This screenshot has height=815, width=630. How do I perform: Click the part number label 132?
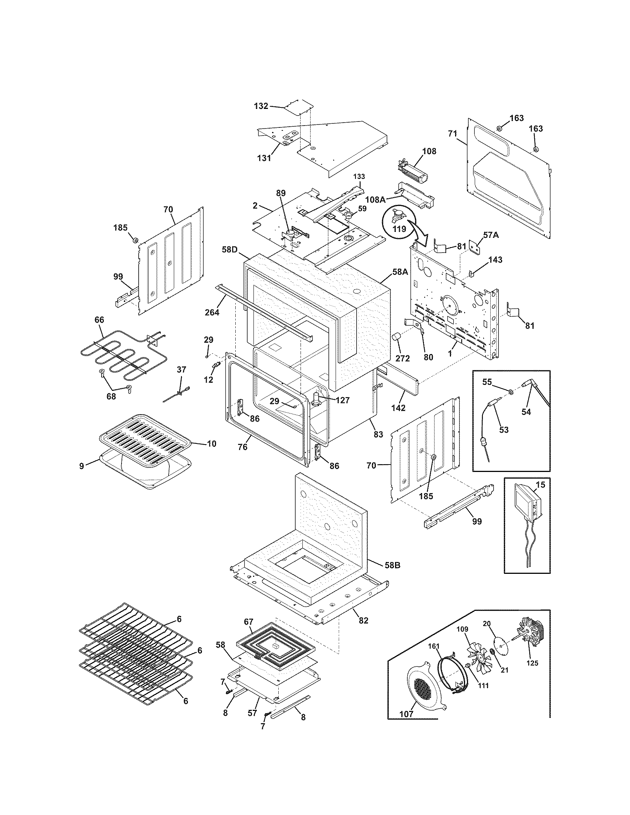click(x=261, y=106)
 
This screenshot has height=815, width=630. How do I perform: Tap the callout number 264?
click(x=212, y=312)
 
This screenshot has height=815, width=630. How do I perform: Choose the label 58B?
click(x=392, y=576)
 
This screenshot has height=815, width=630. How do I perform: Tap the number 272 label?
click(x=402, y=358)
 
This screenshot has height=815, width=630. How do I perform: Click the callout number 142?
click(x=399, y=408)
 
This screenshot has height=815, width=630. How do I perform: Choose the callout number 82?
click(x=364, y=621)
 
